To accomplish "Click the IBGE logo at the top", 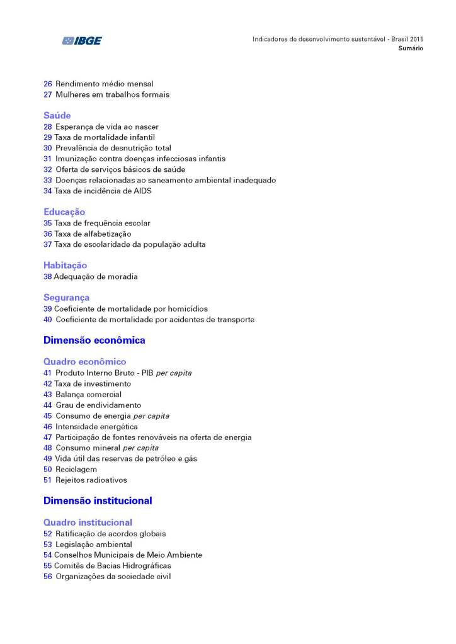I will (x=82, y=41).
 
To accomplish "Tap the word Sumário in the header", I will (x=410, y=48).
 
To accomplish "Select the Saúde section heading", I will (x=57, y=116).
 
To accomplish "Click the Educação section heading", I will (x=64, y=212).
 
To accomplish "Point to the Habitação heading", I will (x=66, y=266).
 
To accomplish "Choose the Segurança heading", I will (x=67, y=298).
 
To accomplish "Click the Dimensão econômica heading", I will (x=94, y=341).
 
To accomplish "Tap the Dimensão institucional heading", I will (x=98, y=502).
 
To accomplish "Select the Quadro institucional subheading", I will (x=88, y=523).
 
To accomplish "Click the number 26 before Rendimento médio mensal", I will (x=48, y=84).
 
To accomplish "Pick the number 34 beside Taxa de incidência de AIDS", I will (x=48, y=191).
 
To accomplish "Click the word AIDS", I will (x=142, y=191).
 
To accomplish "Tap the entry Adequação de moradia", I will (x=96, y=276).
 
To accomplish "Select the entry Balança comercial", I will (x=88, y=395).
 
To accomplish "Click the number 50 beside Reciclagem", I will (x=48, y=470).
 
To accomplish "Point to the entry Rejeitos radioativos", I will (x=91, y=480).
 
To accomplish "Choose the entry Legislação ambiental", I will (x=94, y=545).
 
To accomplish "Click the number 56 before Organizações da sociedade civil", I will (x=48, y=577).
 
